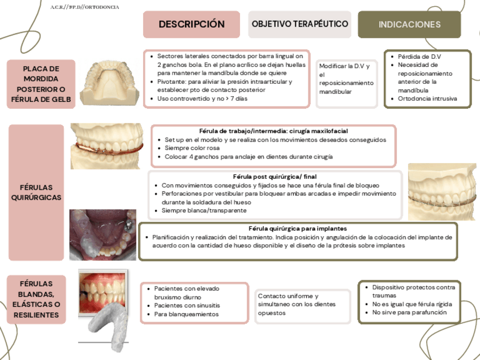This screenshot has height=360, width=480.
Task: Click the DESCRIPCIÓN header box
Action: pyautogui.click(x=191, y=24)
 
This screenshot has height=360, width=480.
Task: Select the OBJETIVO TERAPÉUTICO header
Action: pyautogui.click(x=299, y=24)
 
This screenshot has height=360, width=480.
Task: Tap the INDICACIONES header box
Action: pyautogui.click(x=409, y=24)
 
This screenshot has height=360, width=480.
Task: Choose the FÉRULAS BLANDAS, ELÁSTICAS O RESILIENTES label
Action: pyautogui.click(x=37, y=299)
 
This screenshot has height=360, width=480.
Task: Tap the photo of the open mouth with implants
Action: pyautogui.click(x=102, y=235)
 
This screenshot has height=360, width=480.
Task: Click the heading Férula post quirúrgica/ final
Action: pyautogui.click(x=275, y=177)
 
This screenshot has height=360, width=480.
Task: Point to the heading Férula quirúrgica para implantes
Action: pyautogui.click(x=298, y=228)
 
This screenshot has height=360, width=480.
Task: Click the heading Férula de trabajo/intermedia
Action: pyautogui.click(x=273, y=131)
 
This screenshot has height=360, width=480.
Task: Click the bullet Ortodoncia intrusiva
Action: pyautogui.click(x=427, y=98)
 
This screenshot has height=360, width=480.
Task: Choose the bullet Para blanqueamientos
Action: pyautogui.click(x=186, y=314)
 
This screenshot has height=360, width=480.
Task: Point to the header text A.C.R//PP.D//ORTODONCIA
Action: pyautogui.click(x=84, y=7)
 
